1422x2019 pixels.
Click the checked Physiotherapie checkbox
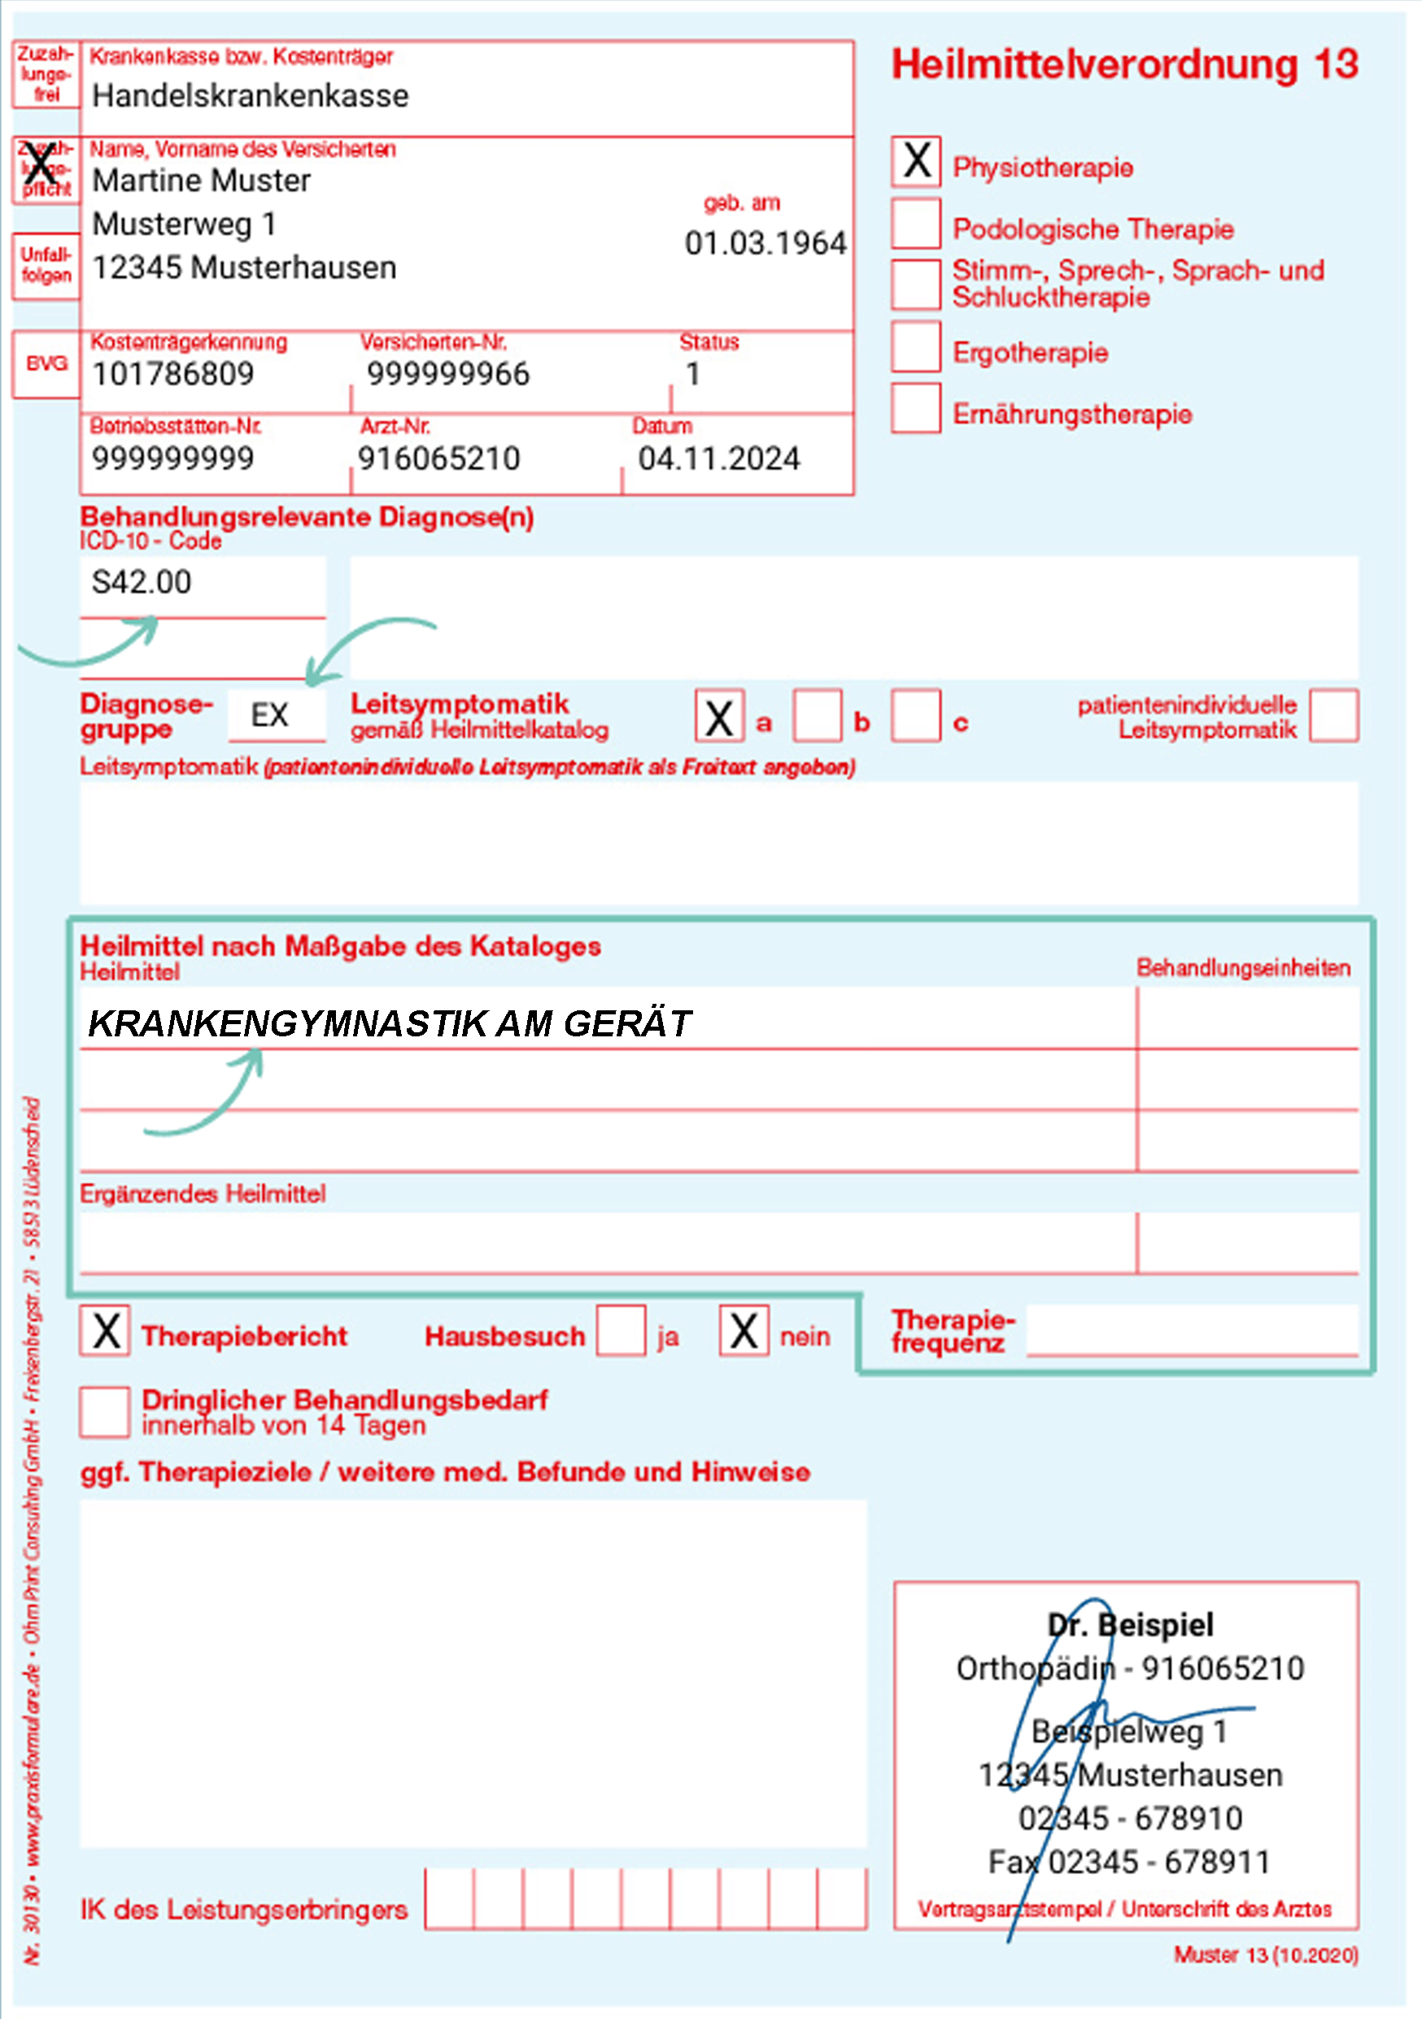tap(916, 161)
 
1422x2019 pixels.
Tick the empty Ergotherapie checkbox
tap(916, 347)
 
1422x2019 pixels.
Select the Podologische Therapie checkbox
tap(916, 223)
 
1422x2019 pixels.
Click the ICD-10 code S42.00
tap(142, 582)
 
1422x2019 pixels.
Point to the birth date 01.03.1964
tap(765, 243)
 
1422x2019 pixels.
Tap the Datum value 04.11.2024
tap(719, 459)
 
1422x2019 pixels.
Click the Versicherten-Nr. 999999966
tap(448, 374)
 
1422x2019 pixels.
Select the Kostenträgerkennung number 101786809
tap(173, 374)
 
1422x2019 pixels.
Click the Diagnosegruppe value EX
tap(269, 715)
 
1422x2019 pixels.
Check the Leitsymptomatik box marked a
tap(719, 716)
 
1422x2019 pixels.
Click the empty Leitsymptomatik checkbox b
tap(818, 716)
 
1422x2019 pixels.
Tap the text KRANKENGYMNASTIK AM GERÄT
tap(390, 1023)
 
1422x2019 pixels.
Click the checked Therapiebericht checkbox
tap(105, 1330)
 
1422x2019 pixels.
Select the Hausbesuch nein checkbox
tap(744, 1330)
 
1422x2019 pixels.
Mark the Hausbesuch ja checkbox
tap(622, 1330)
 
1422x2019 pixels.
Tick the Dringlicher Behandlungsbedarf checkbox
tap(105, 1412)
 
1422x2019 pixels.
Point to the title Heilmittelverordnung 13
tap(1125, 64)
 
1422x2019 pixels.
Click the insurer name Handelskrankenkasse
tap(251, 96)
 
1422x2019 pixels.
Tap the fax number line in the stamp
tap(1128, 1862)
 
